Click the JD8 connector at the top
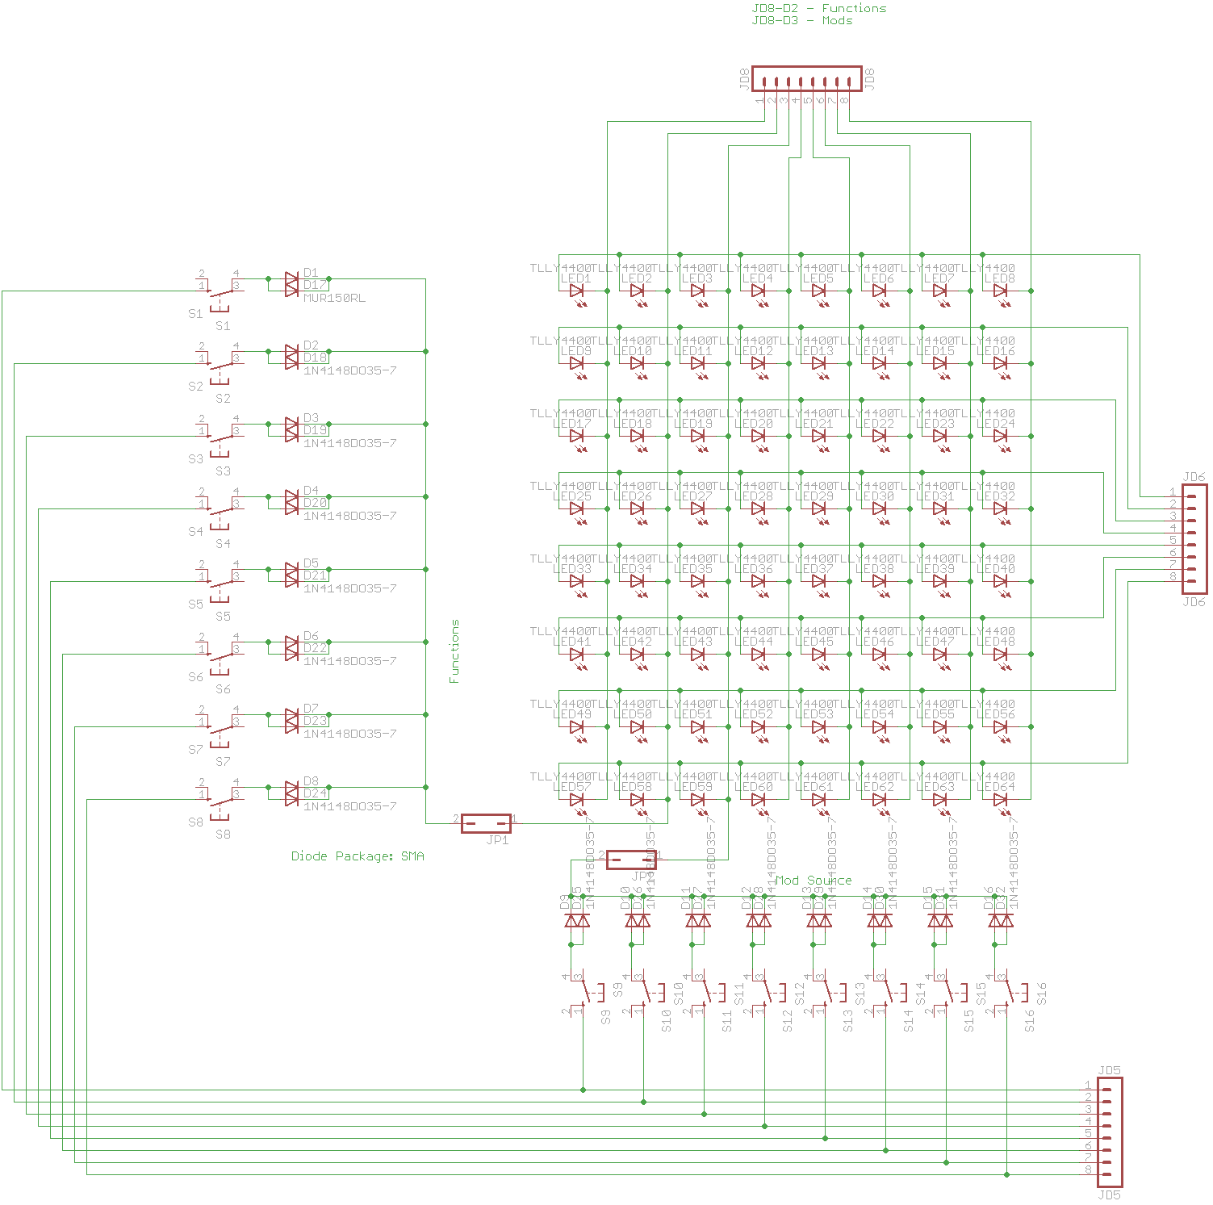tap(806, 79)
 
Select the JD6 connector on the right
tap(1194, 538)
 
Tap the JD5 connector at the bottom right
tap(1110, 1132)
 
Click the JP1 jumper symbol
tap(486, 823)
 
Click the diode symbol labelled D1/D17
tap(291, 284)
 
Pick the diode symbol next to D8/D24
tap(291, 793)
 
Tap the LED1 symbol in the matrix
tap(577, 291)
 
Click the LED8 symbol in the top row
tap(1001, 291)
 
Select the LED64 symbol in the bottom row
tap(1001, 800)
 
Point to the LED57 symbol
tap(577, 800)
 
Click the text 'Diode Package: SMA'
tap(358, 856)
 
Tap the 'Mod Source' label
tap(813, 881)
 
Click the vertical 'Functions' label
tap(454, 651)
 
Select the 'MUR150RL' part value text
tap(334, 298)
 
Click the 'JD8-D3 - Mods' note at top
tap(801, 21)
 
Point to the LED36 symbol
tap(759, 582)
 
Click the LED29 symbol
tap(819, 509)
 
